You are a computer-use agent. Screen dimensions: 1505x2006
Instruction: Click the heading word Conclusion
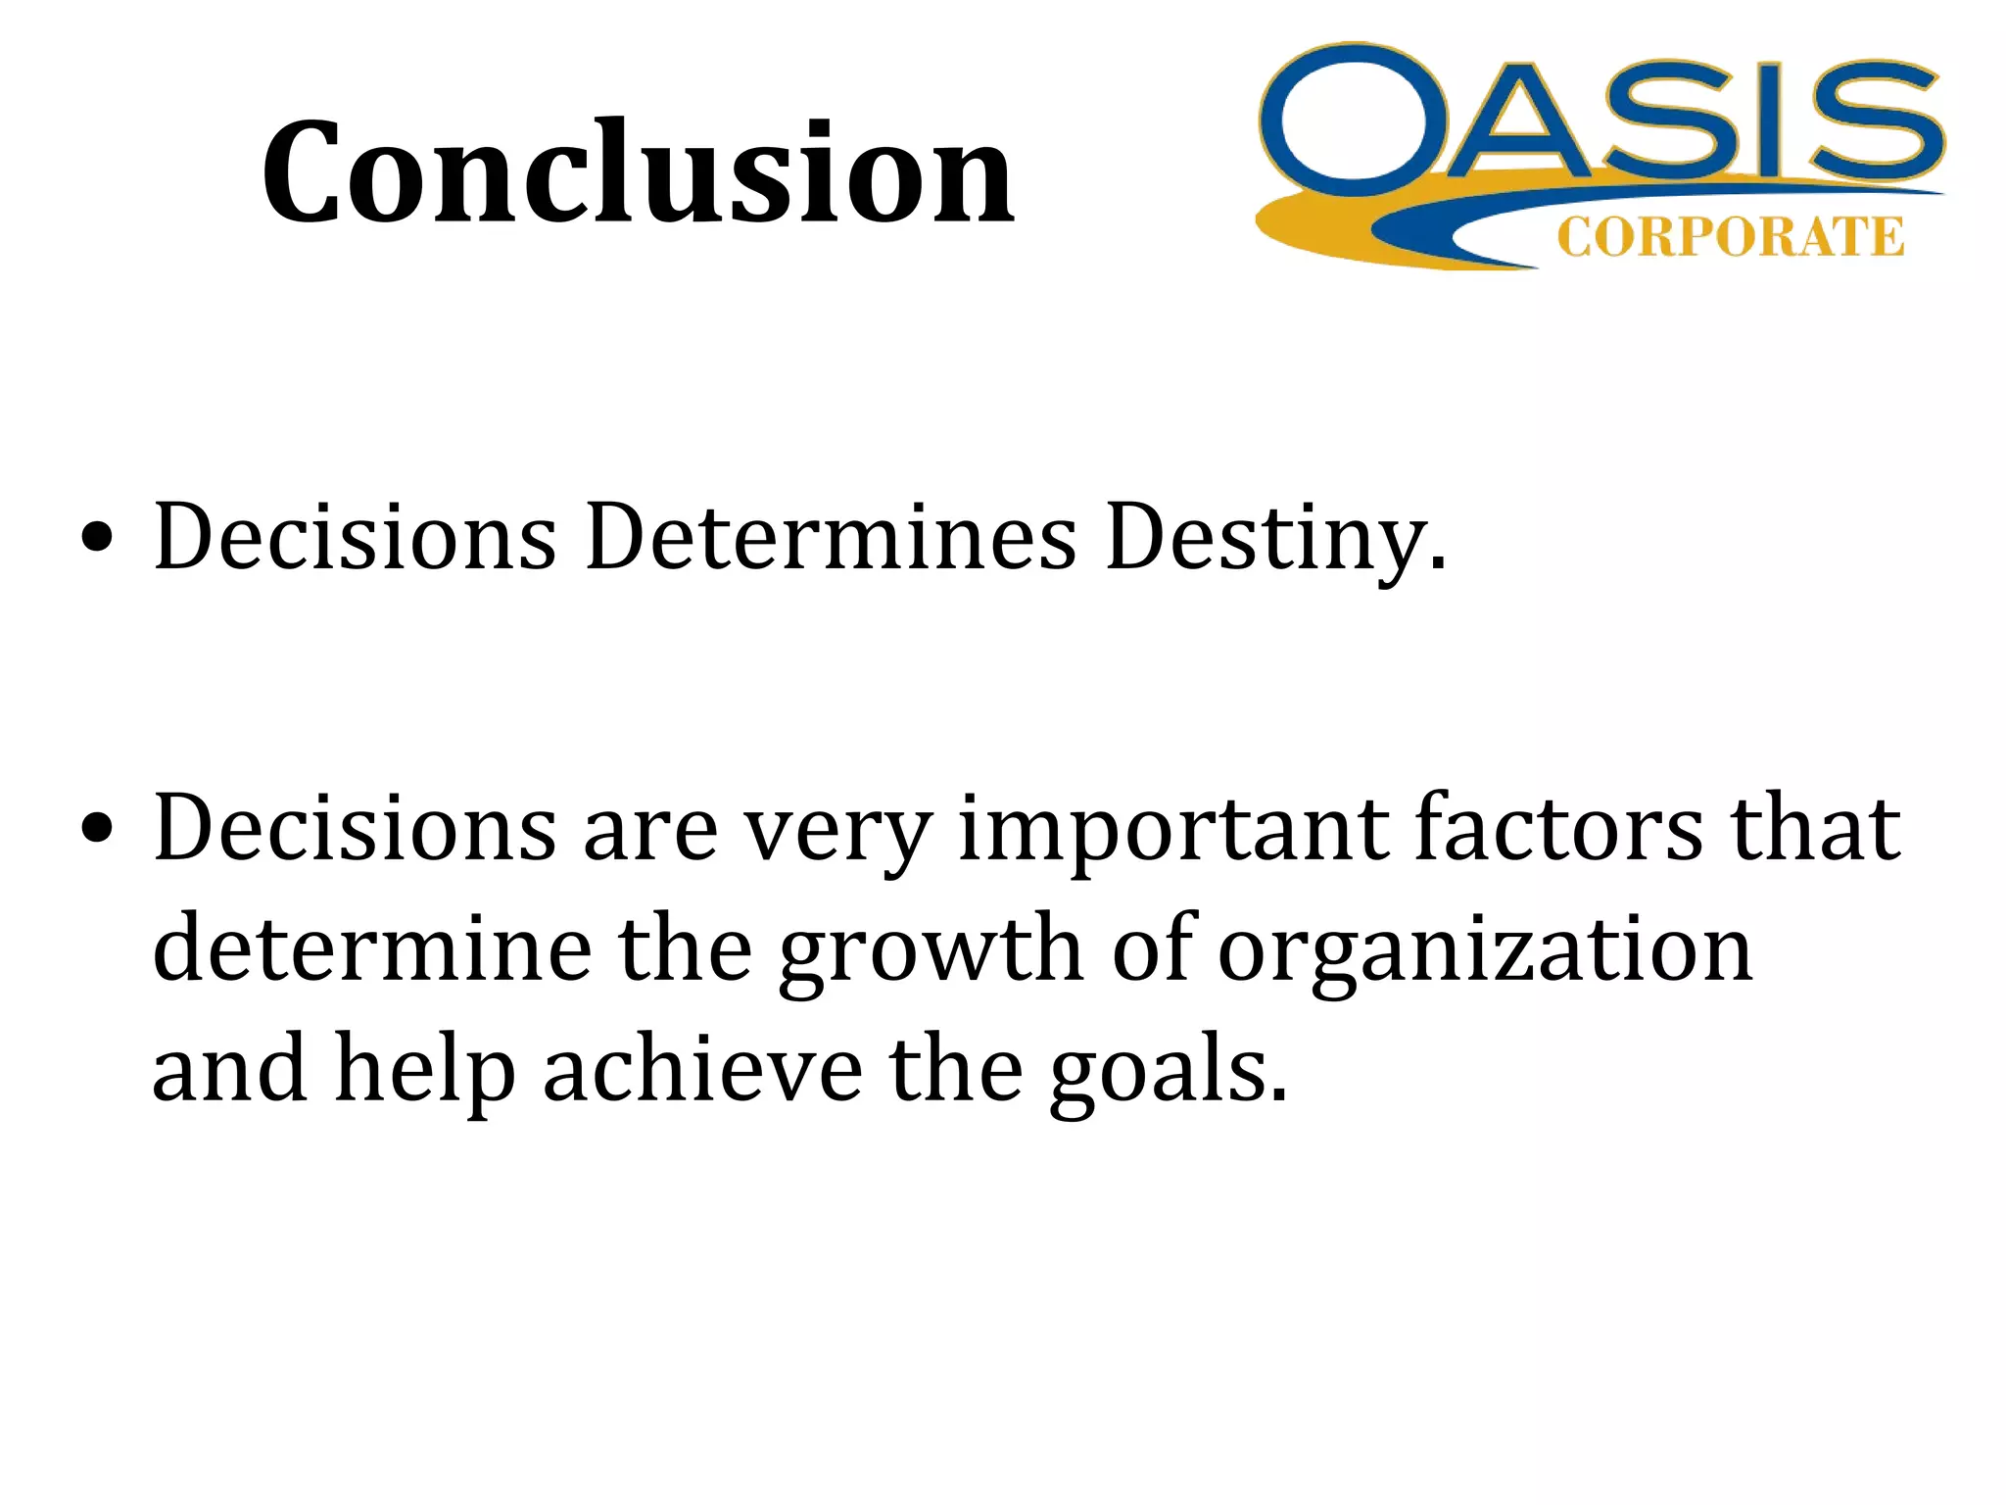pos(638,173)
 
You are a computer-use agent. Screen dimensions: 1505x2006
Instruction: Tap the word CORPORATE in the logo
pos(1730,238)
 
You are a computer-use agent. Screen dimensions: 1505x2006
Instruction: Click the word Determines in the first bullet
pos(831,537)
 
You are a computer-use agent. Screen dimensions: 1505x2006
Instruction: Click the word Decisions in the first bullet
pos(355,537)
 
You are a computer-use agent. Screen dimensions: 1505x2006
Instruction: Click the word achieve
pos(702,1069)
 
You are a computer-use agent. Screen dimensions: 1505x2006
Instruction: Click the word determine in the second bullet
pos(372,948)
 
